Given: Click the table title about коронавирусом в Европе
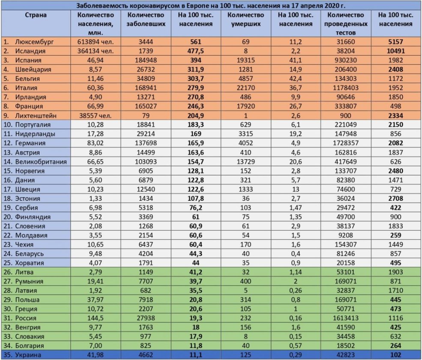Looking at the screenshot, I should (211, 6).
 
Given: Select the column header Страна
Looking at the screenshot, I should (36, 15).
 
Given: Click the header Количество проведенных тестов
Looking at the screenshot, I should (347, 24).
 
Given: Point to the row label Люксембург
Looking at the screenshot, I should (31, 42).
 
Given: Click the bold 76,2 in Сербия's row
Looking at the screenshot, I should (195, 207).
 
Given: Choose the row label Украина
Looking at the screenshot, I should (30, 355).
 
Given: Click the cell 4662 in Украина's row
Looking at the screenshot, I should (146, 355).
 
